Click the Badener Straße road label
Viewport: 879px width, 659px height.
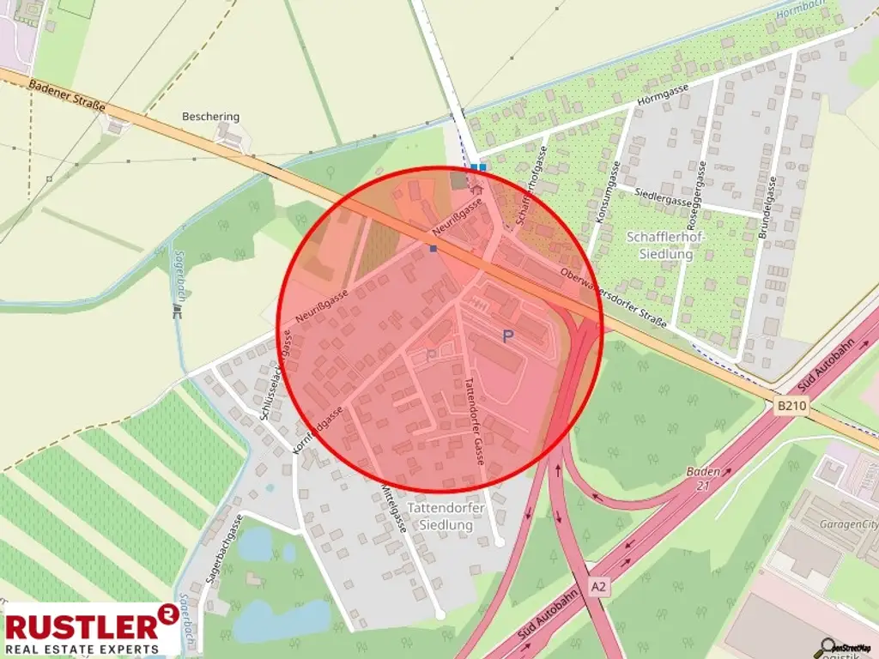[x=67, y=95]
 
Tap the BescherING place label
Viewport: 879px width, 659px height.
[x=210, y=117]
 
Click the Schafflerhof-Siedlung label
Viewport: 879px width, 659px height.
[x=659, y=245]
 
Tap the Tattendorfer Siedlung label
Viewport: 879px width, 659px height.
[x=446, y=516]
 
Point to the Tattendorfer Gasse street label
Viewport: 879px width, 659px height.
[x=475, y=420]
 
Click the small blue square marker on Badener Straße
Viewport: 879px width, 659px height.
[x=434, y=249]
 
